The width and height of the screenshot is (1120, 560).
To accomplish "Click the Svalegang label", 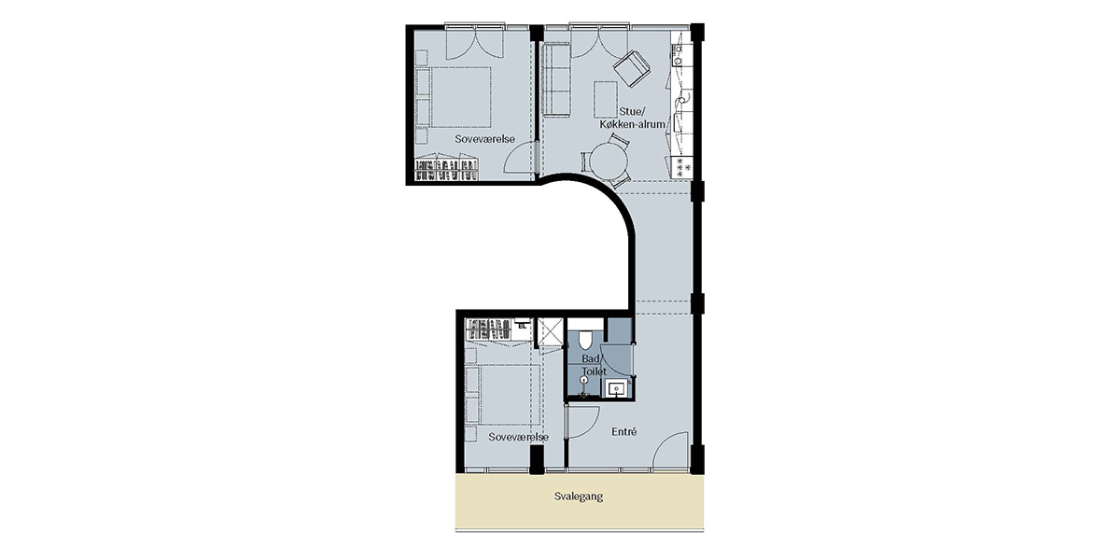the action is pyautogui.click(x=579, y=497).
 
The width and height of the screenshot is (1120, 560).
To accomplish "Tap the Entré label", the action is pyautogui.click(x=624, y=431).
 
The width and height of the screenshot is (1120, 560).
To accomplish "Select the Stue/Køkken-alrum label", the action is pyautogui.click(x=633, y=118).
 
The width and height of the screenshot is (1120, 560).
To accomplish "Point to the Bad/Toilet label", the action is pyautogui.click(x=594, y=365).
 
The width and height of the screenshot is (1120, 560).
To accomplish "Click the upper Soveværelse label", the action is pyautogui.click(x=484, y=139).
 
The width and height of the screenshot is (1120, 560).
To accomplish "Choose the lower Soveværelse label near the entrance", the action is pyautogui.click(x=519, y=437).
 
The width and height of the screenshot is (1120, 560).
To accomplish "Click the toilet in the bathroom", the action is pyautogui.click(x=584, y=340).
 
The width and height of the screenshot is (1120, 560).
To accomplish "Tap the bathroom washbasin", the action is pyautogui.click(x=617, y=389).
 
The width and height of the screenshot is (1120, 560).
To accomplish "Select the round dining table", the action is pyautogui.click(x=608, y=161).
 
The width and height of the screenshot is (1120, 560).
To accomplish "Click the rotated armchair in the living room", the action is pyautogui.click(x=631, y=69).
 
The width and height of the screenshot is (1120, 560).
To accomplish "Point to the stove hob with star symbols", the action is pyautogui.click(x=682, y=167).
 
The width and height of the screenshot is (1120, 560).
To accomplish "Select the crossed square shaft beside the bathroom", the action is pyautogui.click(x=550, y=332).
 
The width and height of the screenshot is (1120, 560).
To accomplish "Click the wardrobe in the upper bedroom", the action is pyautogui.click(x=447, y=170).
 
